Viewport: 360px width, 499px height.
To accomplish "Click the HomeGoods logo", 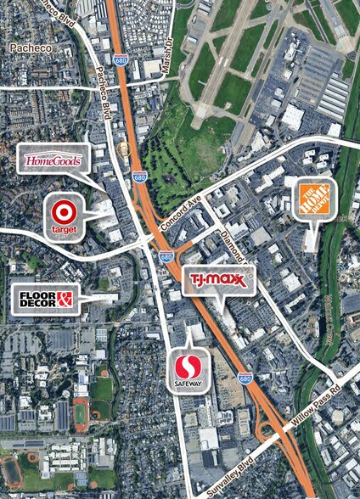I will tap(53, 160).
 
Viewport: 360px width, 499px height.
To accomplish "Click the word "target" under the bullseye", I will tap(65, 228).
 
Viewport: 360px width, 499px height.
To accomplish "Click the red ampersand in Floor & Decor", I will tap(66, 297).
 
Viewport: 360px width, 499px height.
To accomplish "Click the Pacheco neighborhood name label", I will tap(31, 49).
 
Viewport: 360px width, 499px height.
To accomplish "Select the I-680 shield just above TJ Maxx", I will tap(166, 255).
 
